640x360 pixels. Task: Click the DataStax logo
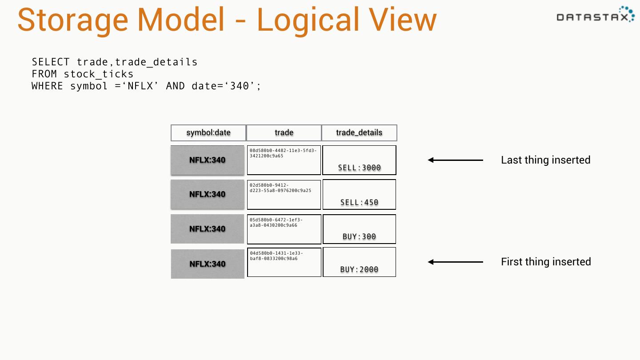coord(595,15)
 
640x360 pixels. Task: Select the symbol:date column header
coord(208,133)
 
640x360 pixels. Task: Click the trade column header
coord(284,133)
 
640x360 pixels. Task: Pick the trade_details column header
coord(359,133)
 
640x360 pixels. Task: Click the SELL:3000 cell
coord(359,168)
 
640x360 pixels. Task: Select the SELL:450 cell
coord(359,202)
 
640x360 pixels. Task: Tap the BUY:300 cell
coord(359,236)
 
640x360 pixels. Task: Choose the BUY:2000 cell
coord(359,269)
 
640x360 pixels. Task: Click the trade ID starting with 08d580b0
coord(283,153)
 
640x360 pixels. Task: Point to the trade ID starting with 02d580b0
coord(280,188)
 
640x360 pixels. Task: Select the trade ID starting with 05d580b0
coord(276,222)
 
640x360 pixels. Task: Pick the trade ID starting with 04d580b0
coord(276,256)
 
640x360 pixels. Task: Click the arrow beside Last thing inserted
coord(456,160)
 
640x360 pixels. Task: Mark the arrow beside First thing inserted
coord(456,262)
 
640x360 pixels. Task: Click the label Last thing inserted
coord(545,160)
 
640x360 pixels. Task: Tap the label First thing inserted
coord(546,262)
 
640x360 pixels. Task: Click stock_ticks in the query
coord(98,74)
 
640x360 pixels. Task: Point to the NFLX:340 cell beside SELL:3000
coord(208,160)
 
